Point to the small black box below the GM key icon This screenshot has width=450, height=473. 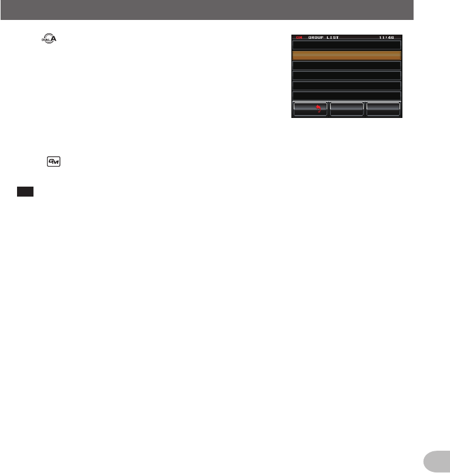click(x=25, y=192)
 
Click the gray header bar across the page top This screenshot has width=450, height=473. click(x=207, y=10)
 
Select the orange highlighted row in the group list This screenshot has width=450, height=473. click(x=347, y=55)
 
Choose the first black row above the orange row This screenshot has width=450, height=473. click(x=347, y=45)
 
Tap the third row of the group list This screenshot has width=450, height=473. click(x=347, y=65)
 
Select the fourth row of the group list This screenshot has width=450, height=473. click(x=347, y=75)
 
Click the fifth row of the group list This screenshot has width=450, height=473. click(x=347, y=85)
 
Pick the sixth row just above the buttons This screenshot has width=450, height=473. click(x=347, y=95)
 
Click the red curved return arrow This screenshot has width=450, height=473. click(x=319, y=109)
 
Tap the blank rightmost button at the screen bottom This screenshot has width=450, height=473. click(x=383, y=109)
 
